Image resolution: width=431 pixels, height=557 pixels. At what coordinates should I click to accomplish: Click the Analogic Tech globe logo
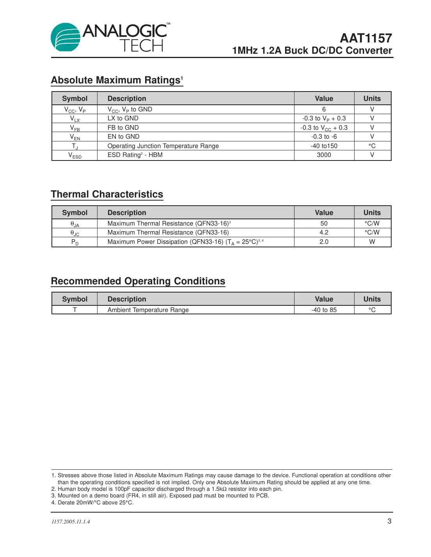(66, 37)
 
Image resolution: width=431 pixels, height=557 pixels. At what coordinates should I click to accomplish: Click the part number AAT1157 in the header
(365, 38)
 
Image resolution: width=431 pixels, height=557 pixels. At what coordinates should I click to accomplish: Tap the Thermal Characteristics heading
(107, 194)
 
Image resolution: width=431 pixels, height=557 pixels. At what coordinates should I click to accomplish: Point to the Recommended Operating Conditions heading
(138, 281)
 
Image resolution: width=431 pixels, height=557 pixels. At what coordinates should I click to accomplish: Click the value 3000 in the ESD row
(324, 155)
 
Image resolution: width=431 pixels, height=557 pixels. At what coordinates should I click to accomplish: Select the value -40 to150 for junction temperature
(324, 146)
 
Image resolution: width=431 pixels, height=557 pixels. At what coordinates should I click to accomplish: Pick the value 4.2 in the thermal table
(324, 233)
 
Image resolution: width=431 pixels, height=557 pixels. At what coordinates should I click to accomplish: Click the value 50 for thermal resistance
(324, 223)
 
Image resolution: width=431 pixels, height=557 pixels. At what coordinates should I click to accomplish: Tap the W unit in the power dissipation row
(372, 241)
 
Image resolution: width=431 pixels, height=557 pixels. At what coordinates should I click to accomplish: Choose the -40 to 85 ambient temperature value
(324, 310)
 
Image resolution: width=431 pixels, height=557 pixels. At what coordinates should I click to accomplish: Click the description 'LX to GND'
(123, 118)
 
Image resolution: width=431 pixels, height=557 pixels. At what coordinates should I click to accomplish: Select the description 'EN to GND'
(123, 137)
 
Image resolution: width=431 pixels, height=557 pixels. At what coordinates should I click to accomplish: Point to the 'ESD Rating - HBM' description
(135, 155)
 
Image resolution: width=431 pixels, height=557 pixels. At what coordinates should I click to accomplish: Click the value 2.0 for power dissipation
(324, 241)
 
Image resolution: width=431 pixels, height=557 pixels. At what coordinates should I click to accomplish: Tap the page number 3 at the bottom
(389, 521)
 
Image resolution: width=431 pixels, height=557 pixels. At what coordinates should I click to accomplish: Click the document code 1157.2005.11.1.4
(71, 522)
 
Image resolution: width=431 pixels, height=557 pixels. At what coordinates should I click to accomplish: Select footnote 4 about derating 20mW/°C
(92, 502)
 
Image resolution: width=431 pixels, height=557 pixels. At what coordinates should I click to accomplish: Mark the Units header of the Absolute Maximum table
(372, 99)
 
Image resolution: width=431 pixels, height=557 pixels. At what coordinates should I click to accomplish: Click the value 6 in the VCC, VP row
(324, 109)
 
